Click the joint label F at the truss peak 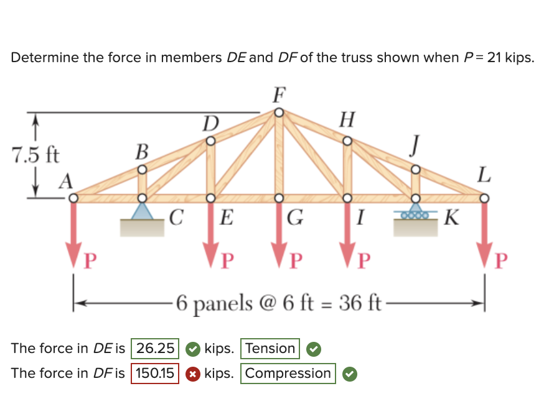[x=279, y=95]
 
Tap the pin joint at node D [x=211, y=141]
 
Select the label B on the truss [x=142, y=150]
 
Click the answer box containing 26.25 [x=154, y=348]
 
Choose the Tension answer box [x=270, y=348]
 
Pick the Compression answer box [x=288, y=374]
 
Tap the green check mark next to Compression [x=349, y=374]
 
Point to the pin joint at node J [x=416, y=169]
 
